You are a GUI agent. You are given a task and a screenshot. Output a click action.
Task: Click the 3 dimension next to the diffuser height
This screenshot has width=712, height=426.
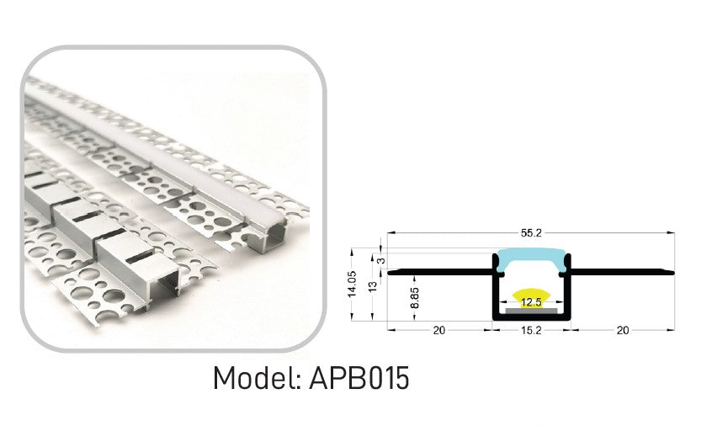[x=382, y=260]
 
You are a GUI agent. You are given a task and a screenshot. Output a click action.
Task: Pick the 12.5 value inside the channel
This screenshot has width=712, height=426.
[x=529, y=302]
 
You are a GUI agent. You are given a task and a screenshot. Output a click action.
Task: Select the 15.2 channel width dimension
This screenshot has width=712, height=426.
[x=530, y=331]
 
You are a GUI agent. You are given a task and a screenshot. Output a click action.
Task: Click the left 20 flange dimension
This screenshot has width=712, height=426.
[x=438, y=331]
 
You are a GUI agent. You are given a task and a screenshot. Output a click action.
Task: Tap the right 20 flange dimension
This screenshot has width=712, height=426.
[x=623, y=331]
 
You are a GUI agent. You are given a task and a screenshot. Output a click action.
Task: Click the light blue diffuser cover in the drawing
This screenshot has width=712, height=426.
[x=530, y=260]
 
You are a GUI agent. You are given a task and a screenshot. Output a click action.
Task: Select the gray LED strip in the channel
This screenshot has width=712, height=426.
[x=530, y=311]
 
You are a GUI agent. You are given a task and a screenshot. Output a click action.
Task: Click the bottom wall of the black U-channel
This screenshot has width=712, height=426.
[x=530, y=319]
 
